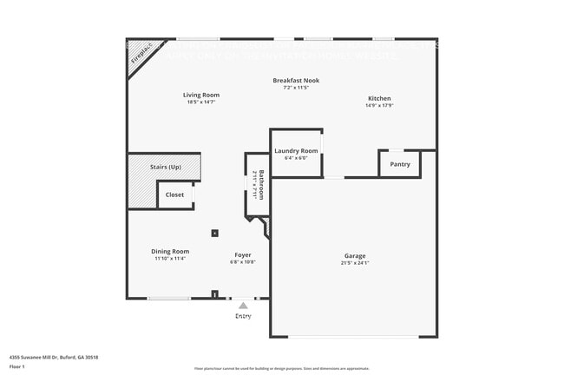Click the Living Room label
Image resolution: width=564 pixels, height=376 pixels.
(x=200, y=95)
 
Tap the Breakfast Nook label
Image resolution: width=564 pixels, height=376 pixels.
(x=296, y=81)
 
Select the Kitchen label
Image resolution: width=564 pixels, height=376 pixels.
(x=379, y=99)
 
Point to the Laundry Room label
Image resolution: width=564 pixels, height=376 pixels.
(x=296, y=151)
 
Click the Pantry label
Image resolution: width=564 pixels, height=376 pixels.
(x=400, y=164)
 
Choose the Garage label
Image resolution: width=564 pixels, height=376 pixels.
(x=355, y=255)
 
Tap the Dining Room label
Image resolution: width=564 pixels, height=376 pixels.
(x=170, y=251)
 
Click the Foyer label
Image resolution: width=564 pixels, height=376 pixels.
(x=243, y=255)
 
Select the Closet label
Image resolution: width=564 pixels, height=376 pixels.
(x=175, y=195)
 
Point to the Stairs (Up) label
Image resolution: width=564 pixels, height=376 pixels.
(x=166, y=167)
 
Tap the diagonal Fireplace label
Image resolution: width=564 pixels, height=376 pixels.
(x=141, y=54)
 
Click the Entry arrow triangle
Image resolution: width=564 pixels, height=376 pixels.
(x=243, y=306)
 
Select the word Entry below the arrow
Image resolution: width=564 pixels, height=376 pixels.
(x=243, y=316)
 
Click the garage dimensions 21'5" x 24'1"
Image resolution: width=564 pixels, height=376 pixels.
(x=355, y=262)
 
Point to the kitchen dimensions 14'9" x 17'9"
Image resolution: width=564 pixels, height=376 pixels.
(x=379, y=107)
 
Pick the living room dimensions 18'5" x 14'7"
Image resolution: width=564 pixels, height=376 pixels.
(x=200, y=102)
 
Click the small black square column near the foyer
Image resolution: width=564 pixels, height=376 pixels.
(x=214, y=233)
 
